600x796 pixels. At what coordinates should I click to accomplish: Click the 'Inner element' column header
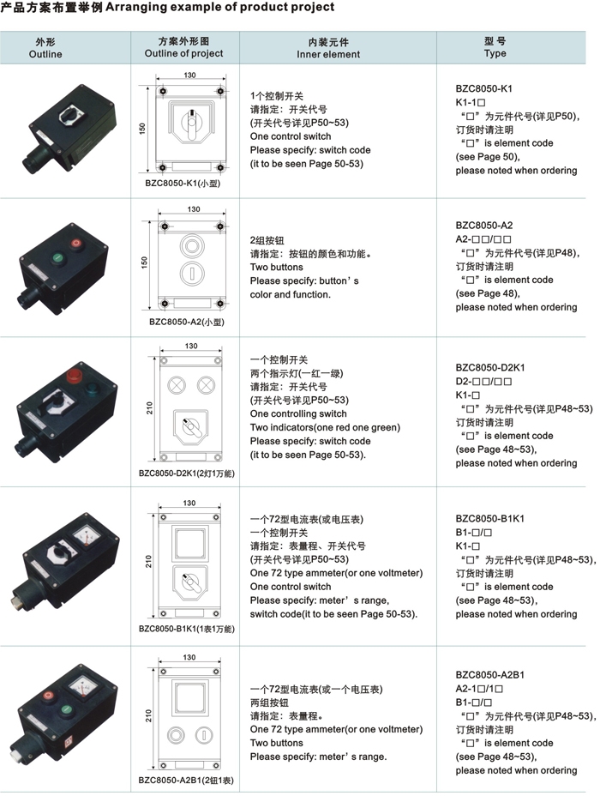pyautogui.click(x=328, y=54)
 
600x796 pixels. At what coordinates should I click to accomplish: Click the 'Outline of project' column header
pyautogui.click(x=183, y=53)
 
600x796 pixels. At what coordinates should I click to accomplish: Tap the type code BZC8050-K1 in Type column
pyautogui.click(x=483, y=89)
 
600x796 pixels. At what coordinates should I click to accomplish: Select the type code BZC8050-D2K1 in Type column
pyautogui.click(x=490, y=367)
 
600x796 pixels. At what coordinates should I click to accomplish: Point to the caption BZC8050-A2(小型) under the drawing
pyautogui.click(x=187, y=322)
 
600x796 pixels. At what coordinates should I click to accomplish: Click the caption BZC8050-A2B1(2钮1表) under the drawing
pyautogui.click(x=186, y=781)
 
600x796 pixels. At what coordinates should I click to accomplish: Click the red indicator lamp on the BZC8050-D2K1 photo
pyautogui.click(x=75, y=377)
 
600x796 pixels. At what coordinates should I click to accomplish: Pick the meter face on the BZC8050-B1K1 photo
pyautogui.click(x=86, y=537)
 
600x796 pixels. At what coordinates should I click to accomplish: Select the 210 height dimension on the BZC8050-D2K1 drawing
pyautogui.click(x=150, y=407)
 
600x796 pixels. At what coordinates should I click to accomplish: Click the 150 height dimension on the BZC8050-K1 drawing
pyautogui.click(x=142, y=129)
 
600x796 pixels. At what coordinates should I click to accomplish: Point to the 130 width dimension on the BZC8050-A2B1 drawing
pyautogui.click(x=189, y=657)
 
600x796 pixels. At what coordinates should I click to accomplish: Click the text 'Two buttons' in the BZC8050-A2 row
pyautogui.click(x=276, y=267)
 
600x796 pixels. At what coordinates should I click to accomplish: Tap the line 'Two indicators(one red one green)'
pyautogui.click(x=325, y=427)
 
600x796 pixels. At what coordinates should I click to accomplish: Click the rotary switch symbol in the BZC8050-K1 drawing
pyautogui.click(x=191, y=124)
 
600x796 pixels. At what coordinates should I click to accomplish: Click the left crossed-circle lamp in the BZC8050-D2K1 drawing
pyautogui.click(x=177, y=385)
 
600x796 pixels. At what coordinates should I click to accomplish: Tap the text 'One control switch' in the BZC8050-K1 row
pyautogui.click(x=291, y=136)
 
